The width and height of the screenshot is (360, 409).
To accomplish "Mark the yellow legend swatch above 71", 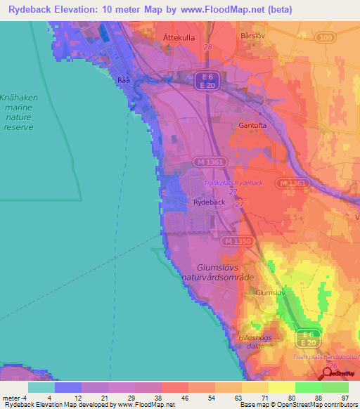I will pyautogui.click(x=255, y=387).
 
